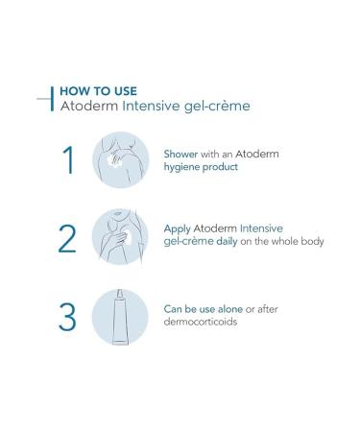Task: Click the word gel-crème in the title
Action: coord(223,106)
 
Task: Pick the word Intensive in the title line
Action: coord(158,106)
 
